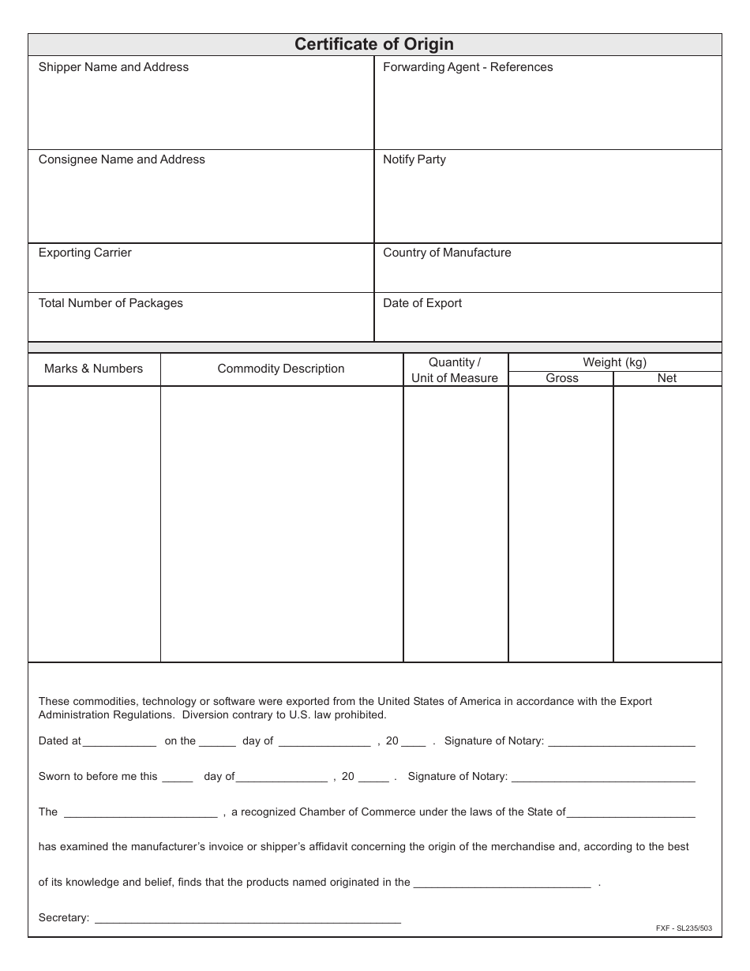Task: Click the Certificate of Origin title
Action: tap(374, 44)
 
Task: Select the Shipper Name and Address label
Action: tap(114, 67)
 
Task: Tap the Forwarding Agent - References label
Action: tap(467, 67)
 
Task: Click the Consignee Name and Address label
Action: tap(122, 159)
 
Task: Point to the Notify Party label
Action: tap(414, 159)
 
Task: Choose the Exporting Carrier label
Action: tap(85, 253)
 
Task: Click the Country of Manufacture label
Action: tap(447, 253)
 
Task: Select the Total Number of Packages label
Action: tap(111, 303)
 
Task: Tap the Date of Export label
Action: tap(422, 303)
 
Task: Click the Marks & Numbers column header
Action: tap(94, 369)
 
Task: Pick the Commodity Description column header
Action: tap(281, 369)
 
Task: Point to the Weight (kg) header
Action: tap(614, 362)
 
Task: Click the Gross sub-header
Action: tap(562, 378)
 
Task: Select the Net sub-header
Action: tap(667, 378)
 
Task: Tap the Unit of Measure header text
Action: tap(455, 378)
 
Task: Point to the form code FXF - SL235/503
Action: tap(683, 928)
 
